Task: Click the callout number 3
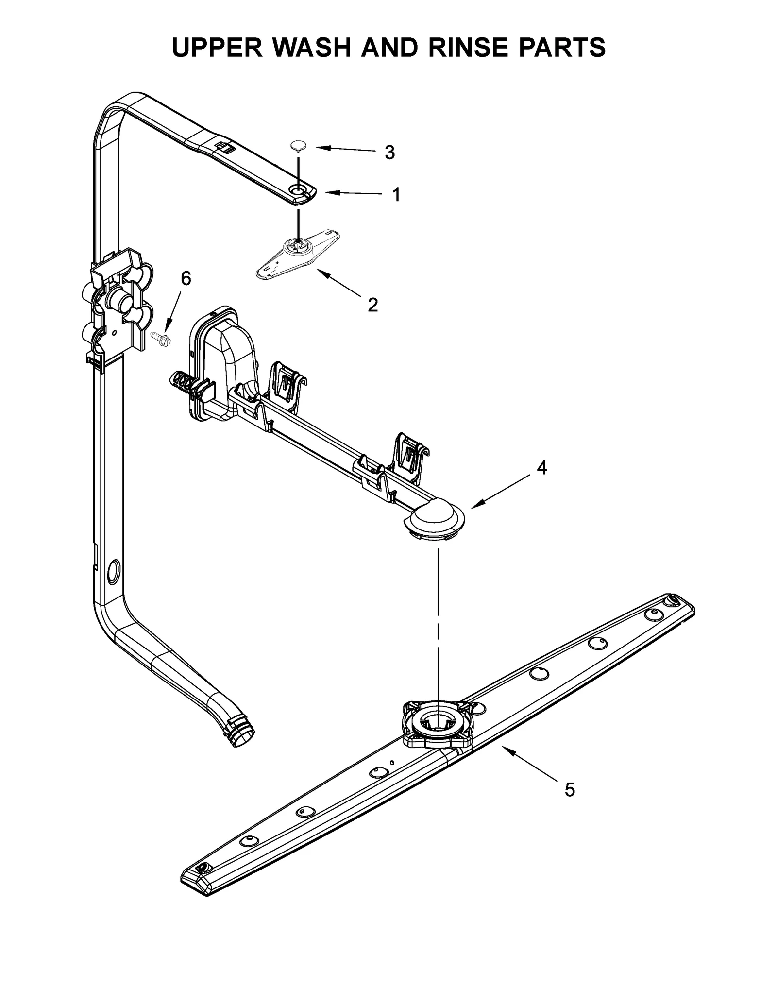tap(389, 153)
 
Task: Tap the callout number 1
tap(396, 195)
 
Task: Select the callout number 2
tap(372, 305)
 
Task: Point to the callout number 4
tap(541, 468)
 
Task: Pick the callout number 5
tap(570, 790)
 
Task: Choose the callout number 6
tap(186, 278)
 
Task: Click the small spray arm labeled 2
tap(298, 255)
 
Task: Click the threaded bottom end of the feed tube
tap(244, 736)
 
